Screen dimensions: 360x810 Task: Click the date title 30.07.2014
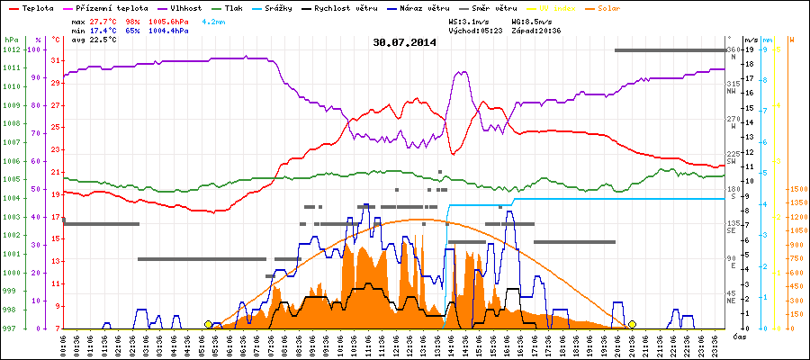pos(404,41)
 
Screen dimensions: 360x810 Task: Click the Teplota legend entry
pos(37,6)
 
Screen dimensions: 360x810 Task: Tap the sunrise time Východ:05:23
pos(478,30)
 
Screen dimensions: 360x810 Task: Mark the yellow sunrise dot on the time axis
pos(209,324)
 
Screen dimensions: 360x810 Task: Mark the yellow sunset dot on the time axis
pos(632,324)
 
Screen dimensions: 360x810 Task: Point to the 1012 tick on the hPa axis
pos(11,49)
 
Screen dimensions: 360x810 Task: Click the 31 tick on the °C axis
pos(56,60)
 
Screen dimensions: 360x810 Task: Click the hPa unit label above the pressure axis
pos(11,40)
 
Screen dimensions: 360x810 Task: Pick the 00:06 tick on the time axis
pos(63,344)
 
